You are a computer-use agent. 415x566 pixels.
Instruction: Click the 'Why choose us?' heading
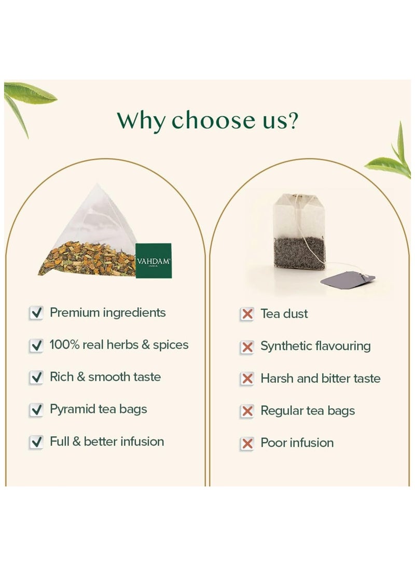(x=208, y=120)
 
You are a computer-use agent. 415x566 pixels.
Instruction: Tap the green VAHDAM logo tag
(x=154, y=260)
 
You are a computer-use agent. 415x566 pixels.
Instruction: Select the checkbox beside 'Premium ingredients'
(x=36, y=313)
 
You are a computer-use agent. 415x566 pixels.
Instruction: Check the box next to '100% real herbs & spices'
(x=36, y=345)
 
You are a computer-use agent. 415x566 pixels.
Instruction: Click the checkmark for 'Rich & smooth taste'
(x=36, y=377)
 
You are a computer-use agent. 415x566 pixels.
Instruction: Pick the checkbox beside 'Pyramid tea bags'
(x=36, y=410)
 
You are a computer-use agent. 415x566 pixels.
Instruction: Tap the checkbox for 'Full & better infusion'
(x=36, y=442)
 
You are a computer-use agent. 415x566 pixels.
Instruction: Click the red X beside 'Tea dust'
(x=247, y=314)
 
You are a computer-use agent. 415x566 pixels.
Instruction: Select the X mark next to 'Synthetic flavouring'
(x=247, y=347)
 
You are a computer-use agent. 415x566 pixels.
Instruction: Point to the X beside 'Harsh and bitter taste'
(x=247, y=379)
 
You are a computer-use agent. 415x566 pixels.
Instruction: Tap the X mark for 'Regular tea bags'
(x=247, y=411)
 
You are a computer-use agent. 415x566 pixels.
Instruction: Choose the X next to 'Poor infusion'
(x=247, y=443)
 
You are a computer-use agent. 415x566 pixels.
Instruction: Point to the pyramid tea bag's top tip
(x=96, y=184)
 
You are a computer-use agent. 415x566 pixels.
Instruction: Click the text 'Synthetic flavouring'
(x=315, y=346)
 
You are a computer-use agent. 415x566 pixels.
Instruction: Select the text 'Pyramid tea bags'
(x=98, y=410)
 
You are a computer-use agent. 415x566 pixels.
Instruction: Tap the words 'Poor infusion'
(x=297, y=443)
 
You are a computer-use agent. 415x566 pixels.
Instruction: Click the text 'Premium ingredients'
(x=107, y=313)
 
